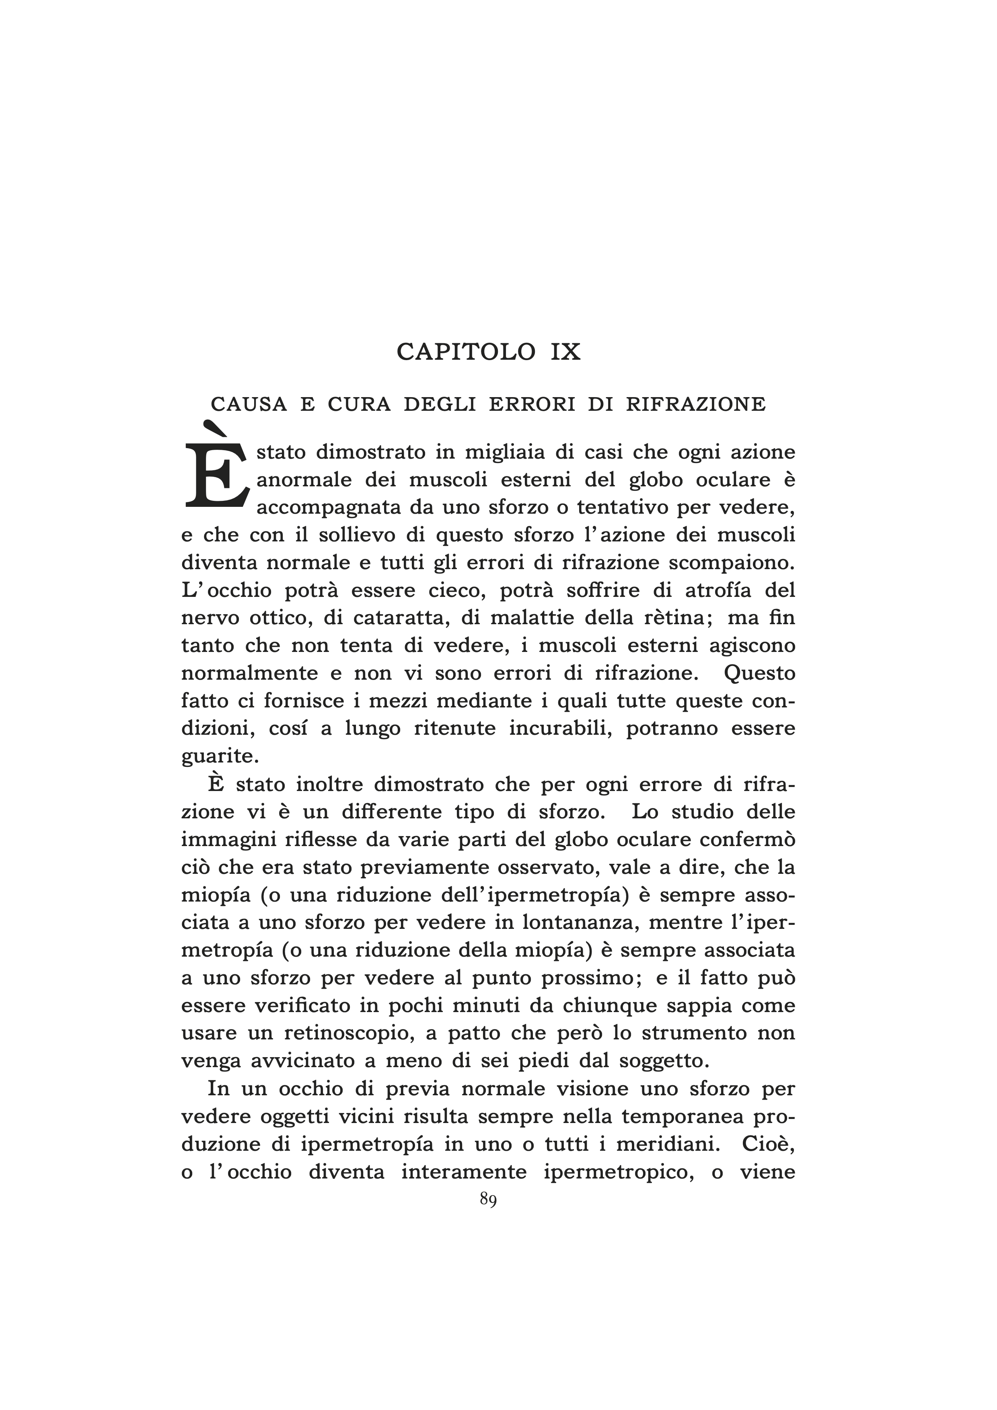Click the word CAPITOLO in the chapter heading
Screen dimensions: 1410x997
point(466,352)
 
